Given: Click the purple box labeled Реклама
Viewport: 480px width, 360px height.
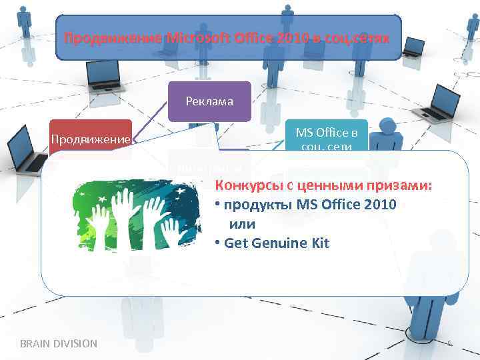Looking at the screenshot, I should click(210, 101).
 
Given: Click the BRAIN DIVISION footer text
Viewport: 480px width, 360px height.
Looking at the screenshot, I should click(59, 343).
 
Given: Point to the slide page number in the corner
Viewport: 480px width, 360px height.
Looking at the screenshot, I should click(449, 343).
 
